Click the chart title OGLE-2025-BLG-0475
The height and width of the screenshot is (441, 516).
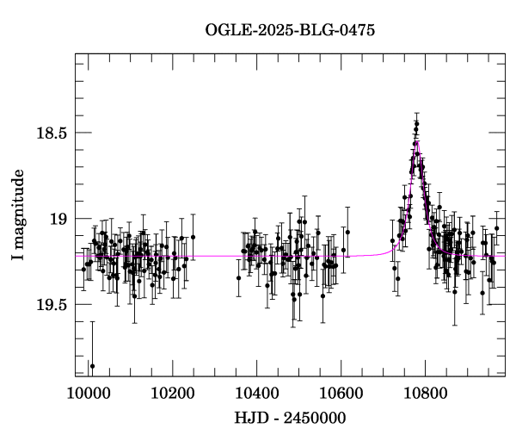[x=290, y=30]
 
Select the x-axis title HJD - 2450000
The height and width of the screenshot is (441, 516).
[x=290, y=419]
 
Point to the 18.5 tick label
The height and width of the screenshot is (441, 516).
[x=52, y=134]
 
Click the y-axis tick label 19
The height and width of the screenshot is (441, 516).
[x=58, y=219]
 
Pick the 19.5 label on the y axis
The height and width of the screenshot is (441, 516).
[x=52, y=305]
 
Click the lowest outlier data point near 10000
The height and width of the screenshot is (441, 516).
[x=92, y=366]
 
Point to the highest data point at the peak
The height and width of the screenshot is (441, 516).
[x=416, y=124]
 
